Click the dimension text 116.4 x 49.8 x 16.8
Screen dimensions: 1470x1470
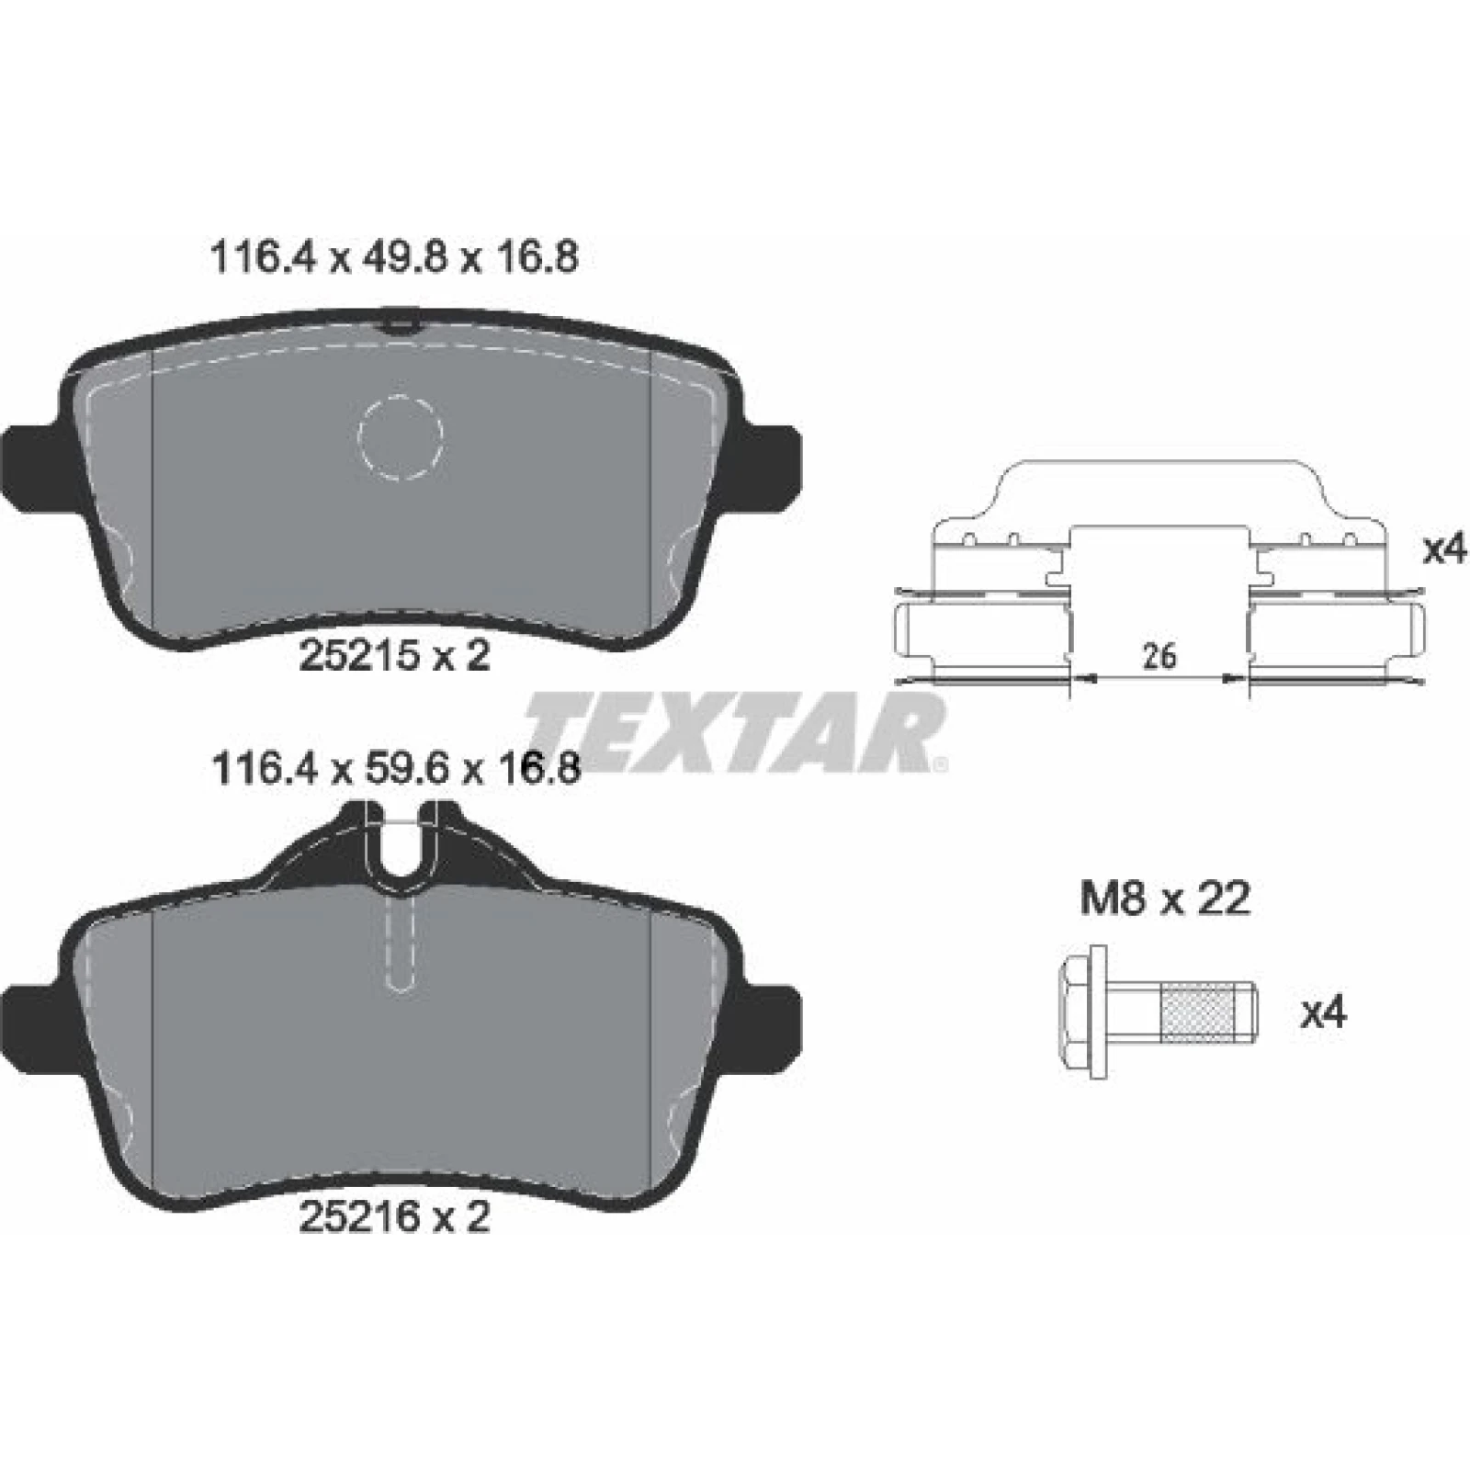394,258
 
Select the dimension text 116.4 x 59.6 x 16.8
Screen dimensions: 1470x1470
395,768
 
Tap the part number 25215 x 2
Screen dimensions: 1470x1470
395,656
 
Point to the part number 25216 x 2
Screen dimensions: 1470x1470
395,1217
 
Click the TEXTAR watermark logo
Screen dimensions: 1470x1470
736,732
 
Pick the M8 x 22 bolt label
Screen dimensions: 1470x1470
1165,899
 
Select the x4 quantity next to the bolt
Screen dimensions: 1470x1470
1323,1013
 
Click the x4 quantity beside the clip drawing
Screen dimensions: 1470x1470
1445,550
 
